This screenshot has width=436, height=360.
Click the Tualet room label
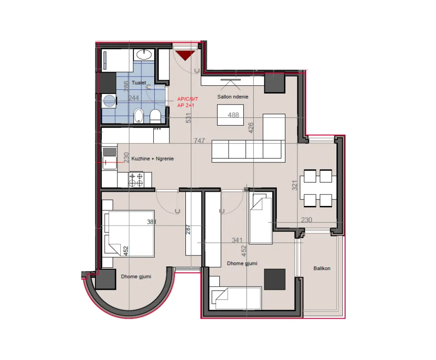click(x=139, y=83)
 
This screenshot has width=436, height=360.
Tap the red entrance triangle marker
click(x=185, y=55)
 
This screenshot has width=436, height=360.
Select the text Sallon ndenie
click(x=233, y=97)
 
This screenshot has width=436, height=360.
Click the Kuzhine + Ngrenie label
click(x=152, y=159)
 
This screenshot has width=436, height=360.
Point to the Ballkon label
click(x=322, y=268)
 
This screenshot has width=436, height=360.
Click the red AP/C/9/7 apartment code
click(x=187, y=99)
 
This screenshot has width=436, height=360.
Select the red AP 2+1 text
click(x=186, y=105)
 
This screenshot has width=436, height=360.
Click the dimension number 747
click(x=199, y=141)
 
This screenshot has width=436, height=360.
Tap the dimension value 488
click(x=233, y=115)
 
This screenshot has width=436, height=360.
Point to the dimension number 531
click(x=189, y=118)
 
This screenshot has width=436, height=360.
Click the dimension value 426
click(x=251, y=128)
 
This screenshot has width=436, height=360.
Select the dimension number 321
click(x=295, y=185)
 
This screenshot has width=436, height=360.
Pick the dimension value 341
click(x=237, y=240)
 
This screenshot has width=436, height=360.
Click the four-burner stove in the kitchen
click(x=136, y=179)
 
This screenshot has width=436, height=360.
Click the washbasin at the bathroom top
click(x=144, y=55)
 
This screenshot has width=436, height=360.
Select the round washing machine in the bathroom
click(x=109, y=100)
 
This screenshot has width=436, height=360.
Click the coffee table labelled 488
click(x=230, y=115)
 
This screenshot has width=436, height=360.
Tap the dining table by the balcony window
click(x=318, y=188)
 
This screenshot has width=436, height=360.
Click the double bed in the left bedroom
click(x=129, y=233)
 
